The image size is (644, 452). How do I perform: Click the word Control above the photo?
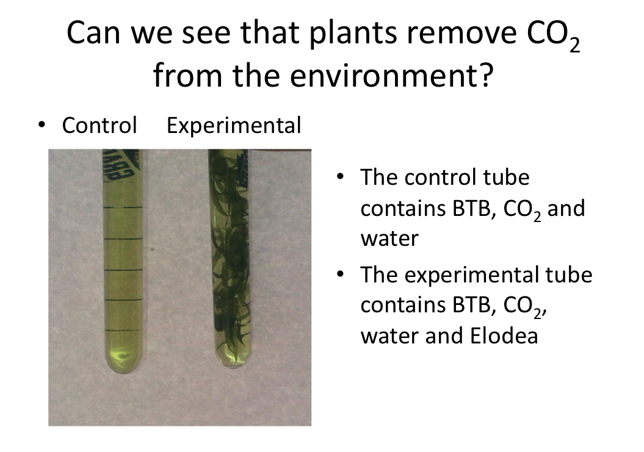coord(99,126)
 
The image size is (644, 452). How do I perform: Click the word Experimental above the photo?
coord(234,126)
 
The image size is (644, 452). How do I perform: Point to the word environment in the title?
coord(360,77)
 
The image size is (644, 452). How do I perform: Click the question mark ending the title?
coord(483,77)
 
